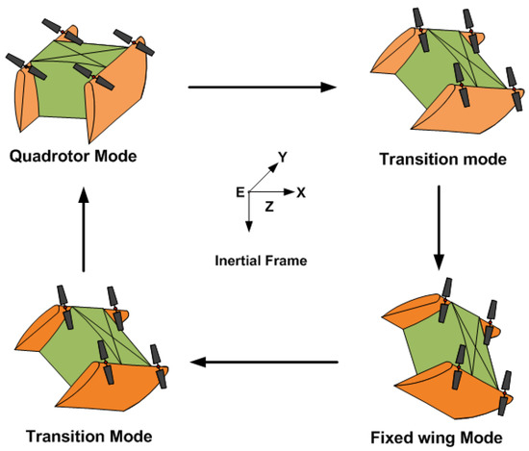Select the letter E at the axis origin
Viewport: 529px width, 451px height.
pos(239,192)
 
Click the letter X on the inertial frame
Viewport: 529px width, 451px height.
pos(301,192)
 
